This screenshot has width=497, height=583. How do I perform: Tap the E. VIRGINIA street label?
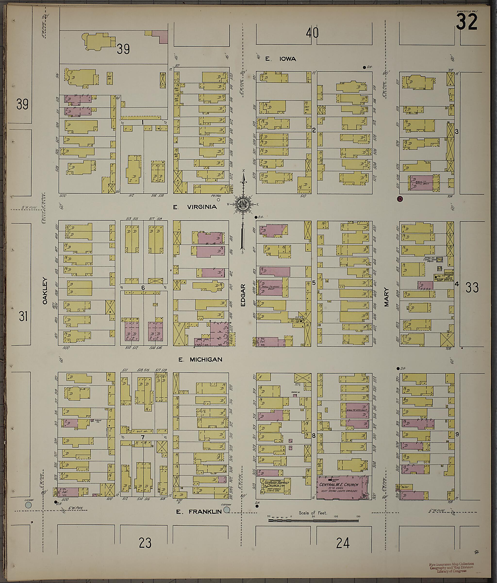(x=195, y=207)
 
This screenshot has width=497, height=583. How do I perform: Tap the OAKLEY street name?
(x=45, y=291)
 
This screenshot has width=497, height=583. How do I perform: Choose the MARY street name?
(x=386, y=297)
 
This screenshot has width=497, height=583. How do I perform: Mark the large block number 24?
(x=343, y=543)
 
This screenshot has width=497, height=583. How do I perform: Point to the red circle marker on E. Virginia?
(x=400, y=199)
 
